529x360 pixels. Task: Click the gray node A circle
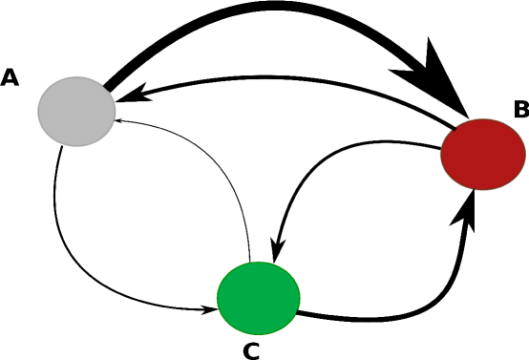(x=76, y=111)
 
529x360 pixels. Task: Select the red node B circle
(x=483, y=154)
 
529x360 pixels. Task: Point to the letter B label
(x=520, y=110)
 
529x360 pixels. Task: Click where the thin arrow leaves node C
(x=250, y=260)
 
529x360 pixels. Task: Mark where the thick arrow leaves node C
(x=300, y=311)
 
